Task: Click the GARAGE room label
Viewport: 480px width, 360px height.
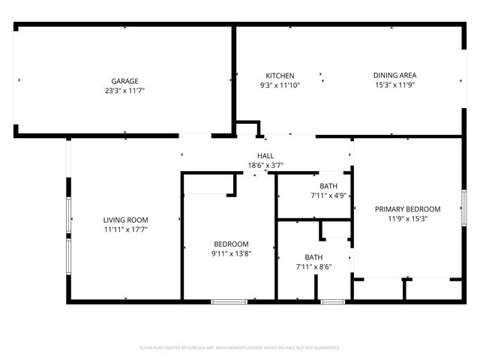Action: (x=125, y=81)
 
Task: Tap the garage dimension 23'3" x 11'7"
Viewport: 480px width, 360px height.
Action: (x=125, y=91)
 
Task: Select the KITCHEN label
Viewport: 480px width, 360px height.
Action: (x=280, y=75)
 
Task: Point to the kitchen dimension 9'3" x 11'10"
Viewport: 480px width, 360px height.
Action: (x=280, y=85)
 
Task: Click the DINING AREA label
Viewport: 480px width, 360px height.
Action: (x=394, y=75)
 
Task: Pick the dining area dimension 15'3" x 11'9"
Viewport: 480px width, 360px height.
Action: (x=394, y=85)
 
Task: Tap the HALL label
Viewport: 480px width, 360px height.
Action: (x=265, y=155)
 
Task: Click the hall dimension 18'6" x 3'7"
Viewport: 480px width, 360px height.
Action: (x=265, y=165)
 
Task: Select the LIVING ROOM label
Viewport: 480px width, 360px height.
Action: (x=125, y=220)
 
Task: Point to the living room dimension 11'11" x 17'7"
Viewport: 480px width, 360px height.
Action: (x=125, y=229)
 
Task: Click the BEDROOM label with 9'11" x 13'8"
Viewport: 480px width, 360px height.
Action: (x=231, y=244)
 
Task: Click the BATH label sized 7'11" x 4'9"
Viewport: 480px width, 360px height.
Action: (x=328, y=186)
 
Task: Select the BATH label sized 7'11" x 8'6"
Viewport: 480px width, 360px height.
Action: (x=313, y=256)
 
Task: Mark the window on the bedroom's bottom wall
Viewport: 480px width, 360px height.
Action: (x=229, y=301)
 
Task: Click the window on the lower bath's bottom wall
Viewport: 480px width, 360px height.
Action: (x=332, y=301)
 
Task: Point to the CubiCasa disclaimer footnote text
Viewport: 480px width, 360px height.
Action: (x=240, y=348)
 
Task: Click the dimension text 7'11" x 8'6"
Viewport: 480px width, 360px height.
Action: (x=313, y=266)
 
